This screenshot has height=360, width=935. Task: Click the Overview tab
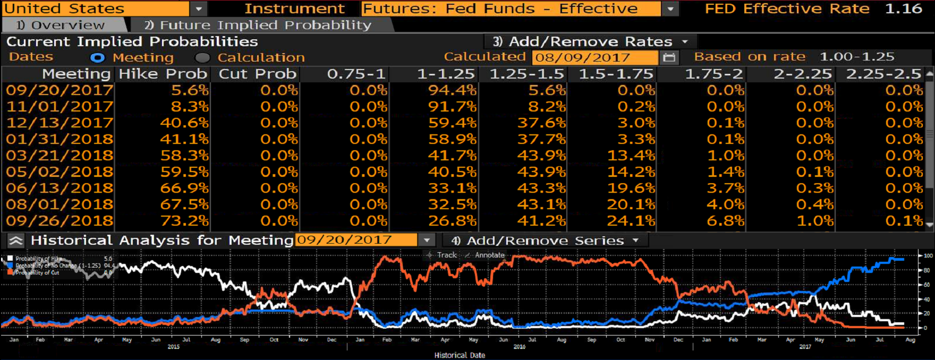point(61,25)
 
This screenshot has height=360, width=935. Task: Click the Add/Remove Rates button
point(590,41)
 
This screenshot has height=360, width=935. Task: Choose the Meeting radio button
point(97,57)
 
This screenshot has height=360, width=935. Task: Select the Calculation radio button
point(202,57)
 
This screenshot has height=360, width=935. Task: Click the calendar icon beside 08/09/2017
point(669,57)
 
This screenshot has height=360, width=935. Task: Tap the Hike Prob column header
point(163,74)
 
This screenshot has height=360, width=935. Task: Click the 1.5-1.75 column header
point(616,74)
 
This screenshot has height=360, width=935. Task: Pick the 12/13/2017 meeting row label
point(59,123)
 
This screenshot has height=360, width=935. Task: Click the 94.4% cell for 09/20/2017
point(452,90)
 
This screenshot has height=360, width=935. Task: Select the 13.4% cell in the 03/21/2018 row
point(631,156)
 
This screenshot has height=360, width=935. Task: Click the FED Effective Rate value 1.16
point(904,8)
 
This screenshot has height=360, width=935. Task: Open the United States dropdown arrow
point(199,8)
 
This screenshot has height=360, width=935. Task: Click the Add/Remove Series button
point(545,241)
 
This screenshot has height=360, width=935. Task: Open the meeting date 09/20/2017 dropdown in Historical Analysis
point(427,241)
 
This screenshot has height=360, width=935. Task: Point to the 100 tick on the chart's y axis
point(928,256)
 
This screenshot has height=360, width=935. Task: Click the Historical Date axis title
point(460,355)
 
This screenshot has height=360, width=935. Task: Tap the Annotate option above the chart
point(485,255)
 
